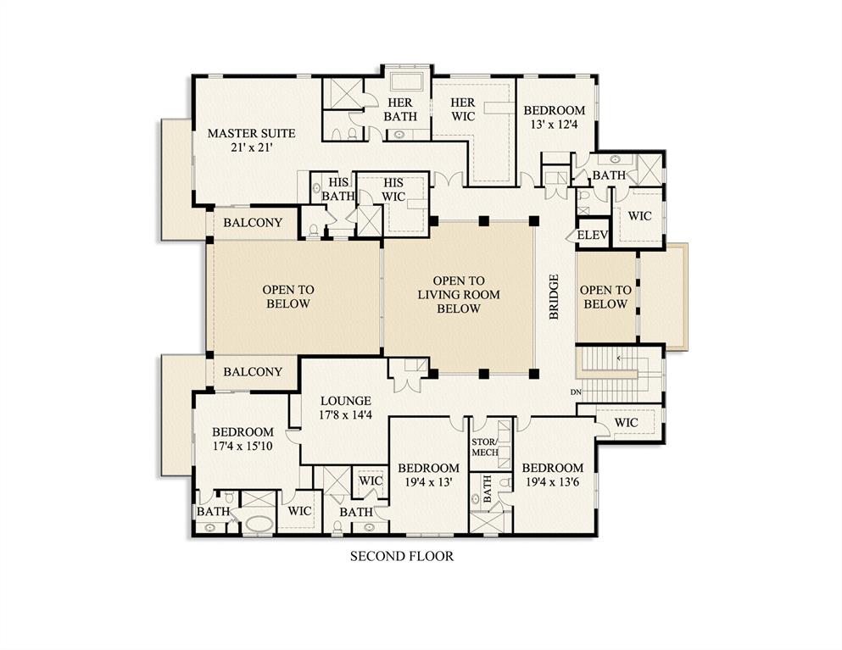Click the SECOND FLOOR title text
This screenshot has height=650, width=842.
coord(402,557)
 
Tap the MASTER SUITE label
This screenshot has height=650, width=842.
coord(251,140)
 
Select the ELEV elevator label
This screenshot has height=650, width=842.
coord(592,236)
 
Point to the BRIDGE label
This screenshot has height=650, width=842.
coord(555,296)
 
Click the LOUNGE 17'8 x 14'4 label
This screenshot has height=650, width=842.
coord(345,408)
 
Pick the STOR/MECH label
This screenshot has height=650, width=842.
coord(485,447)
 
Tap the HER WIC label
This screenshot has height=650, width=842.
coord(462,109)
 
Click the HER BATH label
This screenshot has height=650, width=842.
coord(400,109)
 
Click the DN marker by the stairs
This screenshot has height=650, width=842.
coord(576,392)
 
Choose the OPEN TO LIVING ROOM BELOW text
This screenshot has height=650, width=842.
coord(458,294)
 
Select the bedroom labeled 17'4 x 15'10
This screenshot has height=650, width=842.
coord(243,439)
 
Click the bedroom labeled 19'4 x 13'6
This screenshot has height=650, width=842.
coord(552,475)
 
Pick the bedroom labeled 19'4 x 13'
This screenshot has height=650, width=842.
coord(428,475)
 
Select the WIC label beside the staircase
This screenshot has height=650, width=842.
coord(626,422)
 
